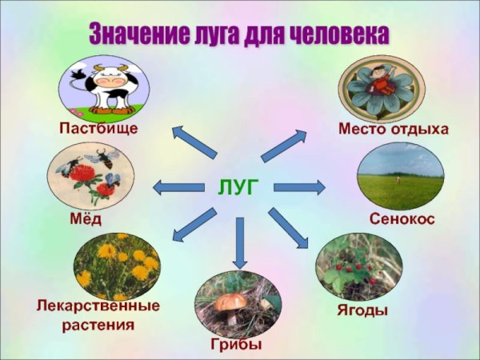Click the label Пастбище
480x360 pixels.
98,128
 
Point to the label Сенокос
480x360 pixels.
402,218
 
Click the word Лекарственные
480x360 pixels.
98,306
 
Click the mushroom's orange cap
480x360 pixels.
230,302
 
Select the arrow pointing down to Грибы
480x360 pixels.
238,242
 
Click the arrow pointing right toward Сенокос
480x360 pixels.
299,188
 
